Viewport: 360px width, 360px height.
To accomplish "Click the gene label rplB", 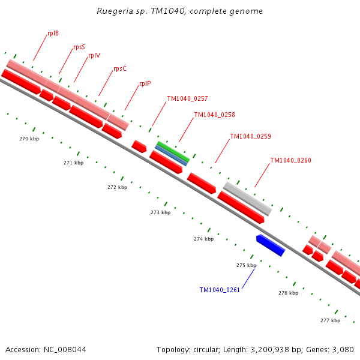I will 53,33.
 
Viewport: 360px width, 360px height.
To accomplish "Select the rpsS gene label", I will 79,47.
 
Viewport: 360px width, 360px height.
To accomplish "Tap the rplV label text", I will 94,55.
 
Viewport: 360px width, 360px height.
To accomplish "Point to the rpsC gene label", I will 120,68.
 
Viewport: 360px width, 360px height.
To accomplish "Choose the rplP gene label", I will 145,84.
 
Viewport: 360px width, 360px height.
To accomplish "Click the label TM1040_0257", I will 187,98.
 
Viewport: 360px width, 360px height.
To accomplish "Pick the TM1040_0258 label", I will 214,115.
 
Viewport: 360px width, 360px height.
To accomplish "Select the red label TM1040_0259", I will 250,136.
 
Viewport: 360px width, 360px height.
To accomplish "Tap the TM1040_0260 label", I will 290,160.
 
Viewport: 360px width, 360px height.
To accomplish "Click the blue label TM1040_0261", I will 220,290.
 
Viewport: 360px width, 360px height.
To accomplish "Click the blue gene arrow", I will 270,245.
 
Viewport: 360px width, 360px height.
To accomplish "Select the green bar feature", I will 173,151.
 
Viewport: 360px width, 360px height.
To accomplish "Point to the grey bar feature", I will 247,199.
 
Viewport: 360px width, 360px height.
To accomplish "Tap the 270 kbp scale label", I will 29,139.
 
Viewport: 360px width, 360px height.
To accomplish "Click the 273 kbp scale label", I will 160,212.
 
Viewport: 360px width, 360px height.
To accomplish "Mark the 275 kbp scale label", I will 246,265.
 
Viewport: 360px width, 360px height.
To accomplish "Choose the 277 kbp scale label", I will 330,320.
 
